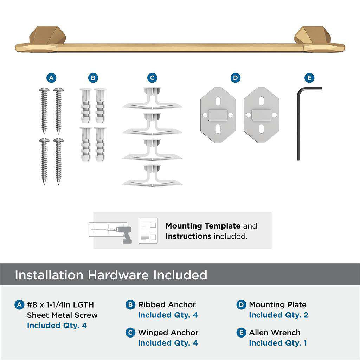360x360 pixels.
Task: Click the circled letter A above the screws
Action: click(52, 78)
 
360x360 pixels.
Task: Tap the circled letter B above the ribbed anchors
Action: click(93, 78)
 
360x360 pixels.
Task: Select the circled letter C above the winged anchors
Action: click(152, 78)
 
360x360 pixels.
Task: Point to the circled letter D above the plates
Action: click(235, 78)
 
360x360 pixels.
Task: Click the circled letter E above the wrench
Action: click(309, 78)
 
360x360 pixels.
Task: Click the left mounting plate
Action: click(218, 115)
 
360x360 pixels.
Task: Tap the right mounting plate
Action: click(261, 115)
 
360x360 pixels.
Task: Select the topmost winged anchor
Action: click(152, 100)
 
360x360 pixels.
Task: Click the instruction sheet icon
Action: click(148, 231)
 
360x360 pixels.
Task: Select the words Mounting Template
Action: click(203, 226)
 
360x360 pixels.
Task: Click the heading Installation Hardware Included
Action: click(111, 275)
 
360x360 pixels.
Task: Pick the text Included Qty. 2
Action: click(278, 315)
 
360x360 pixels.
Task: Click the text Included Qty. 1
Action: click(278, 343)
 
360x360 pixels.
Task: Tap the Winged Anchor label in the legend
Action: click(168, 333)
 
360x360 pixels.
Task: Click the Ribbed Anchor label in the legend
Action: click(167, 305)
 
